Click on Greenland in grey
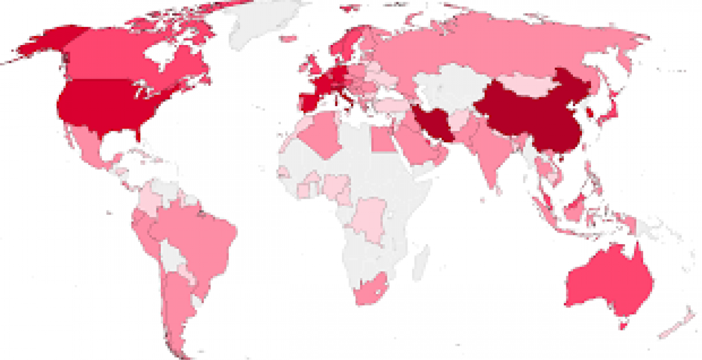click(264, 24)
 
